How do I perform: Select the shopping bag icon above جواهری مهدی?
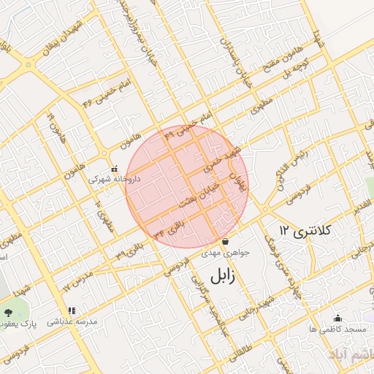[x=225, y=241]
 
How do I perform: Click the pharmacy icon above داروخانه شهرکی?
[x=113, y=167]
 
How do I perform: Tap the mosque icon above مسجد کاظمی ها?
[x=337, y=318]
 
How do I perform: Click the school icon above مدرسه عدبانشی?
[x=70, y=310]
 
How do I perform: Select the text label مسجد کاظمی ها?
[x=337, y=330]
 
